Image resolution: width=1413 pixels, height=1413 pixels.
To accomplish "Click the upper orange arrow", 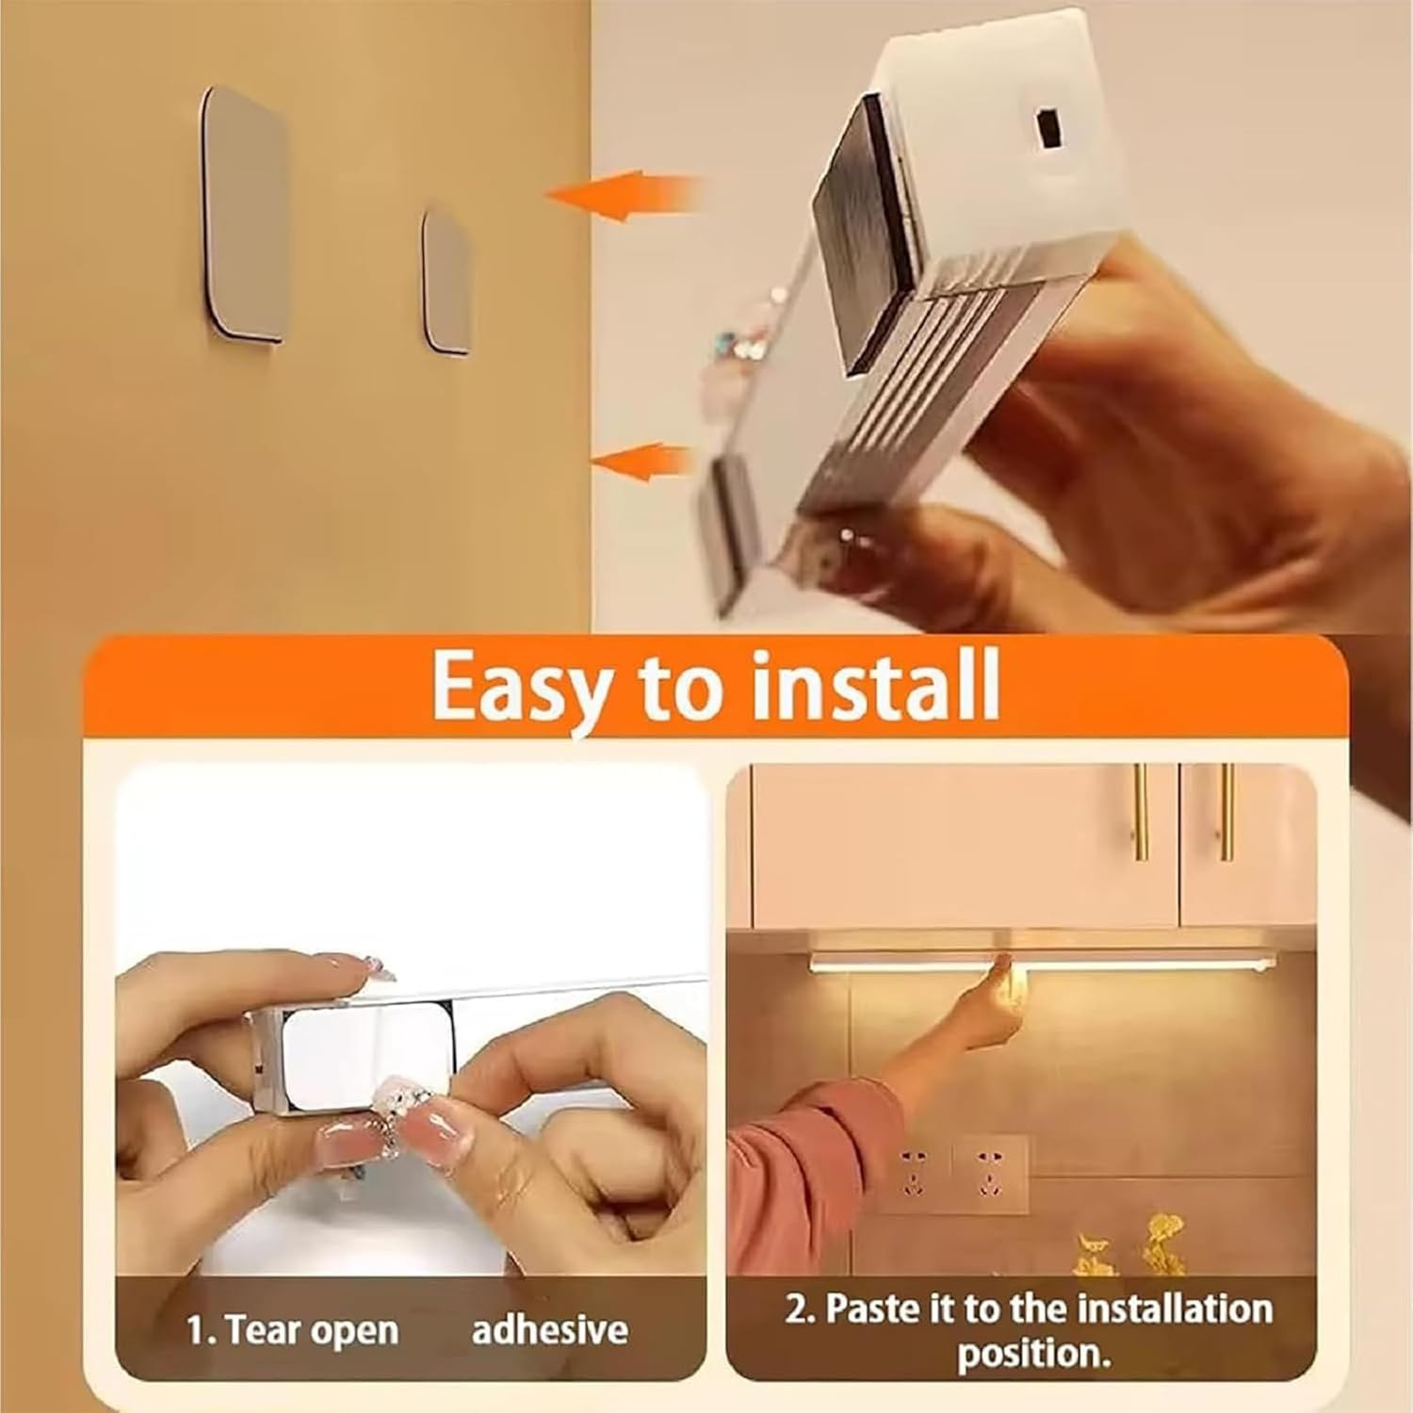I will tap(622, 196).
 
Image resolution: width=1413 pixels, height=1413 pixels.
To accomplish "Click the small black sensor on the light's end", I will tap(1047, 126).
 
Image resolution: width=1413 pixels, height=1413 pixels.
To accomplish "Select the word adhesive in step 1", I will tap(549, 1330).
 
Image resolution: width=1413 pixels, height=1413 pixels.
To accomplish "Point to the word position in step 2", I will tap(1034, 1354).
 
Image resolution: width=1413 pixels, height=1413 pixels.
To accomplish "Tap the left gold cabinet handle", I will tap(1141, 812).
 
